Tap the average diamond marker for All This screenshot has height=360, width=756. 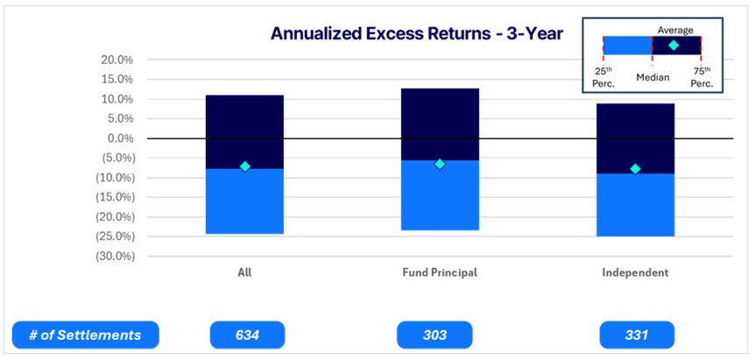tap(245, 166)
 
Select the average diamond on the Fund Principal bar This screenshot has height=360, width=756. tap(440, 165)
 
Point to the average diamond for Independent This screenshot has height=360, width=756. tap(635, 169)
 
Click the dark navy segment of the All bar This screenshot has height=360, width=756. tap(245, 131)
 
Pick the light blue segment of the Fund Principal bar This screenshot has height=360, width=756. tap(440, 195)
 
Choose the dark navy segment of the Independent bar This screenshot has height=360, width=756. tap(635, 138)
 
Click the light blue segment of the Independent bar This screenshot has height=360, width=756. tap(635, 205)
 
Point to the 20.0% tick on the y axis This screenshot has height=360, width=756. tap(116, 60)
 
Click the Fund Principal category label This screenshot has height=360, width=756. tap(440, 272)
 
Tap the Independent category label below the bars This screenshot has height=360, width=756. tap(635, 272)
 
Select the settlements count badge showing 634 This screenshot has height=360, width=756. tap(247, 335)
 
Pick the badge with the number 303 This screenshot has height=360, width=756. tap(435, 335)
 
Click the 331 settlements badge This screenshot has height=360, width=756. tap(637, 335)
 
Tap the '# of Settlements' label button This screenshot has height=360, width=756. tap(85, 335)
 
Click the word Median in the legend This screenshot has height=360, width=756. tap(653, 78)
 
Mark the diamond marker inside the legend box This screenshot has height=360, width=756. tap(674, 46)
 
